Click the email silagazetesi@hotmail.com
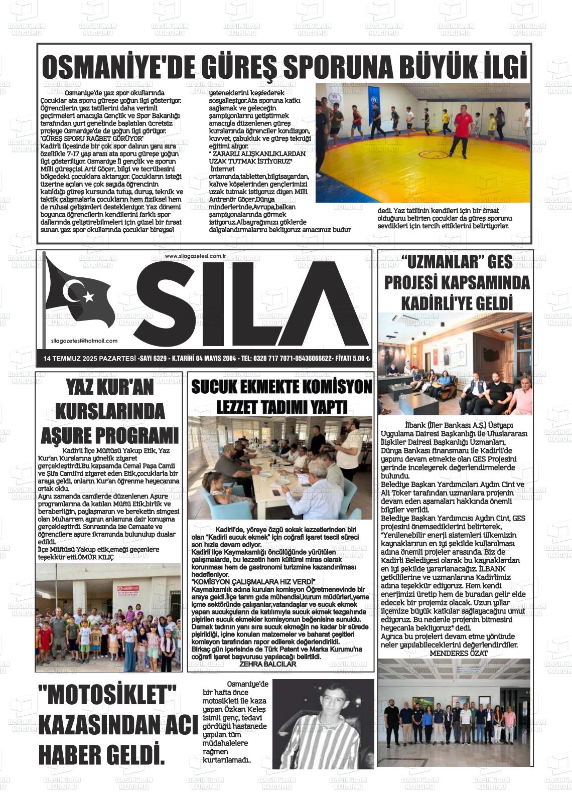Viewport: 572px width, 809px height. point(84,341)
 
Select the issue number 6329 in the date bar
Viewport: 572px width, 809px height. point(160,359)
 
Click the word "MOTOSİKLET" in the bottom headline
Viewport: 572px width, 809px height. point(107,695)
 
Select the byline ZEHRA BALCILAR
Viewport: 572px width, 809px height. point(268,664)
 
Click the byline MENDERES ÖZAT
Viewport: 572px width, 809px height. point(459,653)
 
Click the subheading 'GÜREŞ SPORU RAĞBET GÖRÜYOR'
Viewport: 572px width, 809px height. point(92,138)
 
